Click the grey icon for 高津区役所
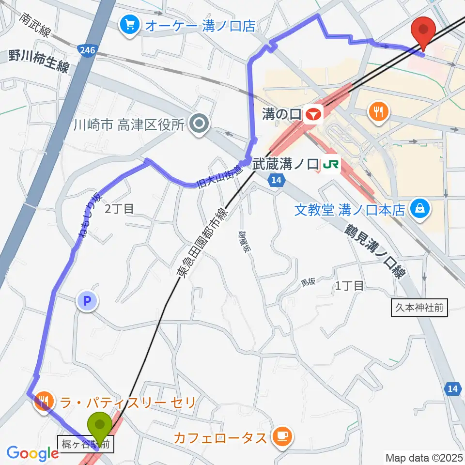(199, 124)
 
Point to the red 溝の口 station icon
(313, 114)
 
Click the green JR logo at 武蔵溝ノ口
(330, 165)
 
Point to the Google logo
(32, 453)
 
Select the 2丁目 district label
(120, 209)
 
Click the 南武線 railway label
(35, 25)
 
